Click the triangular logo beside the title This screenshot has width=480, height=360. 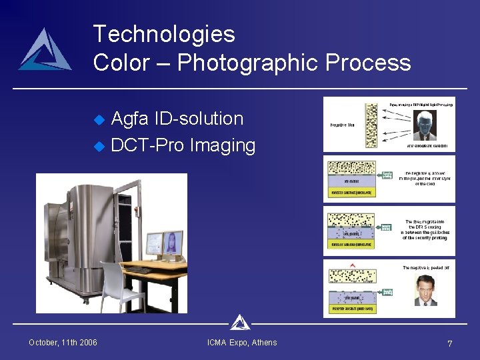45,51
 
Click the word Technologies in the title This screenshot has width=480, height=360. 164,34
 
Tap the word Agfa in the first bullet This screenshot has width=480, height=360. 130,119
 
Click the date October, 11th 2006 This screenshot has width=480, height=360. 63,343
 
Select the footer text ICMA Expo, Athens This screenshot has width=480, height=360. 242,343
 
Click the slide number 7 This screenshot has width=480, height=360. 450,343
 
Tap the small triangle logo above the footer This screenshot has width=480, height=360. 239,323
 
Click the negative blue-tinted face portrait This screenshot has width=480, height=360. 425,127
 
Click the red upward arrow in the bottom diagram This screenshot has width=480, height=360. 353,265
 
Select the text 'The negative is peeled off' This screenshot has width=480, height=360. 425,267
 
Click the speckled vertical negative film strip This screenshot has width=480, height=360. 371,126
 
